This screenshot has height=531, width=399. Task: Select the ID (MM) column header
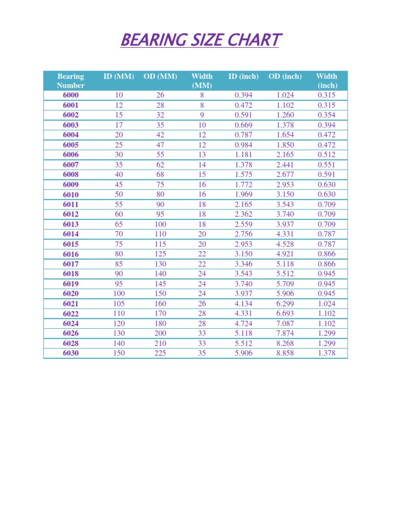119,76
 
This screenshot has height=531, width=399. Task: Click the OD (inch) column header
285,76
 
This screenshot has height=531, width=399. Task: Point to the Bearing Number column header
71,81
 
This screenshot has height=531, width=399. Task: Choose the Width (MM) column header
202,81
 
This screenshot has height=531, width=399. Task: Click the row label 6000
71,95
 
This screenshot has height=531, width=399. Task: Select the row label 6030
71,353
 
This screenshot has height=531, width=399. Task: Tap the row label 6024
71,324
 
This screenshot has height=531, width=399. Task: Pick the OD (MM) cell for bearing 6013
161,224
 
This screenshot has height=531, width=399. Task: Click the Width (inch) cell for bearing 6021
326,303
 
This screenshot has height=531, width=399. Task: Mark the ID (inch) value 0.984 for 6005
244,145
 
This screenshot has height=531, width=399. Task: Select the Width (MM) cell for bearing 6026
202,333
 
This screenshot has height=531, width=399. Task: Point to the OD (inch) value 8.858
285,353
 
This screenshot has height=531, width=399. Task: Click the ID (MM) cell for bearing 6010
119,194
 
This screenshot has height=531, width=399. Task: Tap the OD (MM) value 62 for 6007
161,165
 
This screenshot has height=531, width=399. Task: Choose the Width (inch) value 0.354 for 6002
326,115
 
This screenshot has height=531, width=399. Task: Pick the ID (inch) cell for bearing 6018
244,274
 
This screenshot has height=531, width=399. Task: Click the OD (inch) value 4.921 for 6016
285,254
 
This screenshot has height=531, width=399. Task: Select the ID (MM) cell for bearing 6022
119,313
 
